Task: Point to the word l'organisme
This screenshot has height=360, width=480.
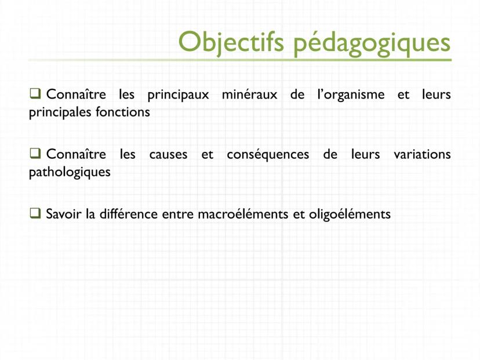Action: (x=350, y=94)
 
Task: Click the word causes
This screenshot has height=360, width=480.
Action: (x=168, y=155)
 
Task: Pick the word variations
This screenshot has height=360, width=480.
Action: (x=421, y=155)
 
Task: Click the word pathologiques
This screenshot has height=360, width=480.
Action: (x=70, y=173)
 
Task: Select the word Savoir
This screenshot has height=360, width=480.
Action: (x=64, y=214)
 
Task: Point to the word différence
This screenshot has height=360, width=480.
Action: (x=128, y=214)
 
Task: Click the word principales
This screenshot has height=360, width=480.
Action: (x=58, y=112)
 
